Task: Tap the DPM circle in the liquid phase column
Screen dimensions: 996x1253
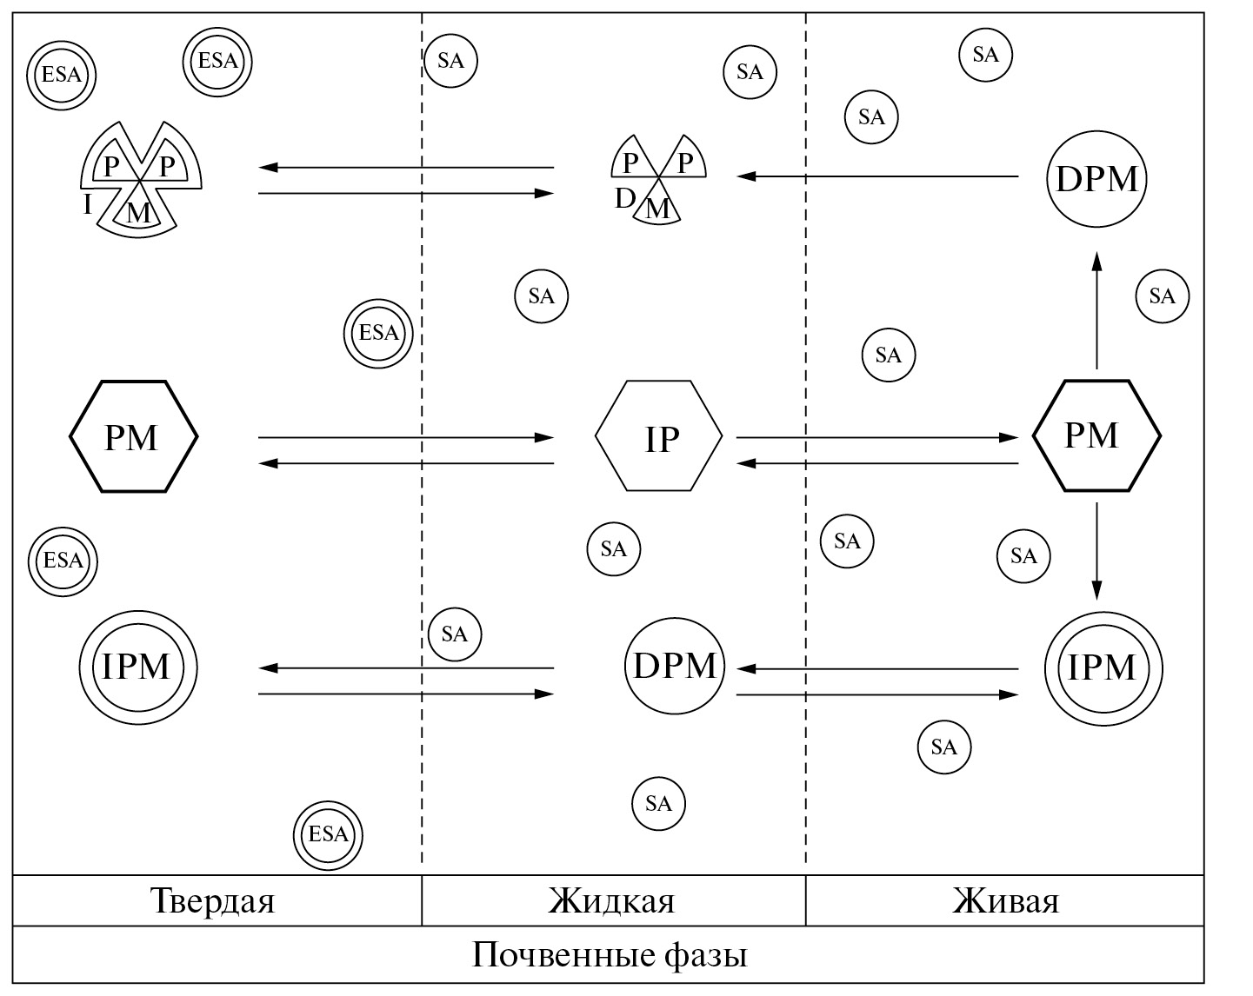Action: pos(675,666)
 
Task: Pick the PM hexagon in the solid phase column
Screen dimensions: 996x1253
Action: pos(133,436)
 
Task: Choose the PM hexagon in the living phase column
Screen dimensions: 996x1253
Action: pos(1096,435)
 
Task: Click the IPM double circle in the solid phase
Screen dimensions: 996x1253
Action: pos(137,667)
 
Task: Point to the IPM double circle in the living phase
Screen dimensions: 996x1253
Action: pos(1103,667)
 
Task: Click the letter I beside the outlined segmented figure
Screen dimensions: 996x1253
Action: pos(87,205)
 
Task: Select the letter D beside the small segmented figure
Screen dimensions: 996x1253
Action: pos(624,199)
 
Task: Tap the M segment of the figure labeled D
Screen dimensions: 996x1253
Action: pos(658,209)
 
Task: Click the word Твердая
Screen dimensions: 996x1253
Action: pos(213,900)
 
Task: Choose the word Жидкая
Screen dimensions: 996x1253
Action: pos(611,900)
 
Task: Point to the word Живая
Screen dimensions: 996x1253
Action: pos(1006,900)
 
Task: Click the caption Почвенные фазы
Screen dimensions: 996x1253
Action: pos(610,955)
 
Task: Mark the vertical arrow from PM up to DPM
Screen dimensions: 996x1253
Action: pos(1096,310)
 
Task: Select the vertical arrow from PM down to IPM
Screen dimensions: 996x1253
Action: pos(1096,550)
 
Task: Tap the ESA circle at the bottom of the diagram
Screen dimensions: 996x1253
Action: pos(328,835)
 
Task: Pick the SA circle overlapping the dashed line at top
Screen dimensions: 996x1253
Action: pos(451,61)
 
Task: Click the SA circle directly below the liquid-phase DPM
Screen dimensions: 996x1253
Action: pos(659,803)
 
